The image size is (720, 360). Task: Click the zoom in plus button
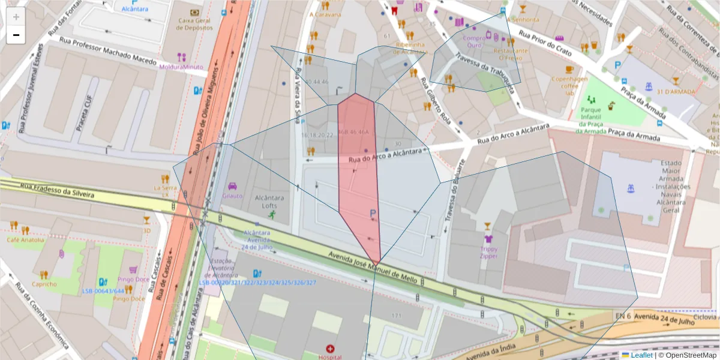pyautogui.click(x=16, y=16)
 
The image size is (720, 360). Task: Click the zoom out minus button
pyautogui.click(x=16, y=35)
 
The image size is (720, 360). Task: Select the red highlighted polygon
pyautogui.click(x=358, y=174)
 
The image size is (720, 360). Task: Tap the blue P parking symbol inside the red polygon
pyautogui.click(x=373, y=213)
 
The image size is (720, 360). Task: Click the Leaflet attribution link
pyautogui.click(x=641, y=355)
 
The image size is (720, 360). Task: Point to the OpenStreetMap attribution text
pyautogui.click(x=691, y=355)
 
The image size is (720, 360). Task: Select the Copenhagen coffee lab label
pyautogui.click(x=569, y=86)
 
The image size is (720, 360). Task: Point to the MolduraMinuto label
pyautogui.click(x=181, y=67)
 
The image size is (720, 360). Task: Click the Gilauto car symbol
pyautogui.click(x=233, y=186)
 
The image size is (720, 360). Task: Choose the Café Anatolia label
pyautogui.click(x=25, y=240)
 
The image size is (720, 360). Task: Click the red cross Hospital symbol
pyautogui.click(x=330, y=349)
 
